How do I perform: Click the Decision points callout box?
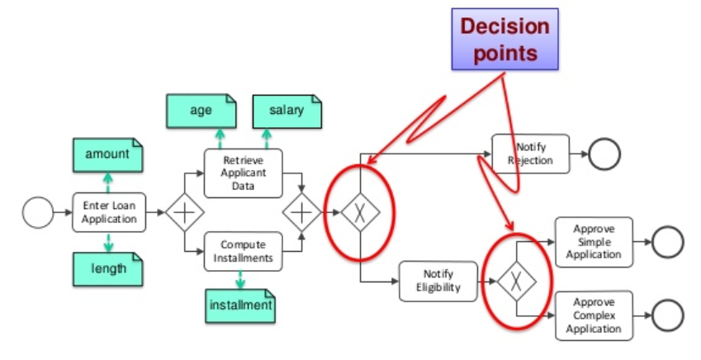coord(504,39)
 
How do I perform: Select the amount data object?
coord(107,154)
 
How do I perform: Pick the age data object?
coord(201,111)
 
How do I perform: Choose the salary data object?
coord(286,111)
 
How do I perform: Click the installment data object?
coord(239,306)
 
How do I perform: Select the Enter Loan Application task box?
coord(109,213)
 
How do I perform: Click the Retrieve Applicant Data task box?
coord(243,173)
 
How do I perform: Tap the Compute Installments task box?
coord(243,252)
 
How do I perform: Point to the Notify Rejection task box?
coord(531,154)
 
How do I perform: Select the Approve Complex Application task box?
coord(594,315)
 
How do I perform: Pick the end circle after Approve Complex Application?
coord(667,315)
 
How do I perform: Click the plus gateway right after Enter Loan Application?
coord(184,213)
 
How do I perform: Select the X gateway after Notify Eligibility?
coord(516,281)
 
